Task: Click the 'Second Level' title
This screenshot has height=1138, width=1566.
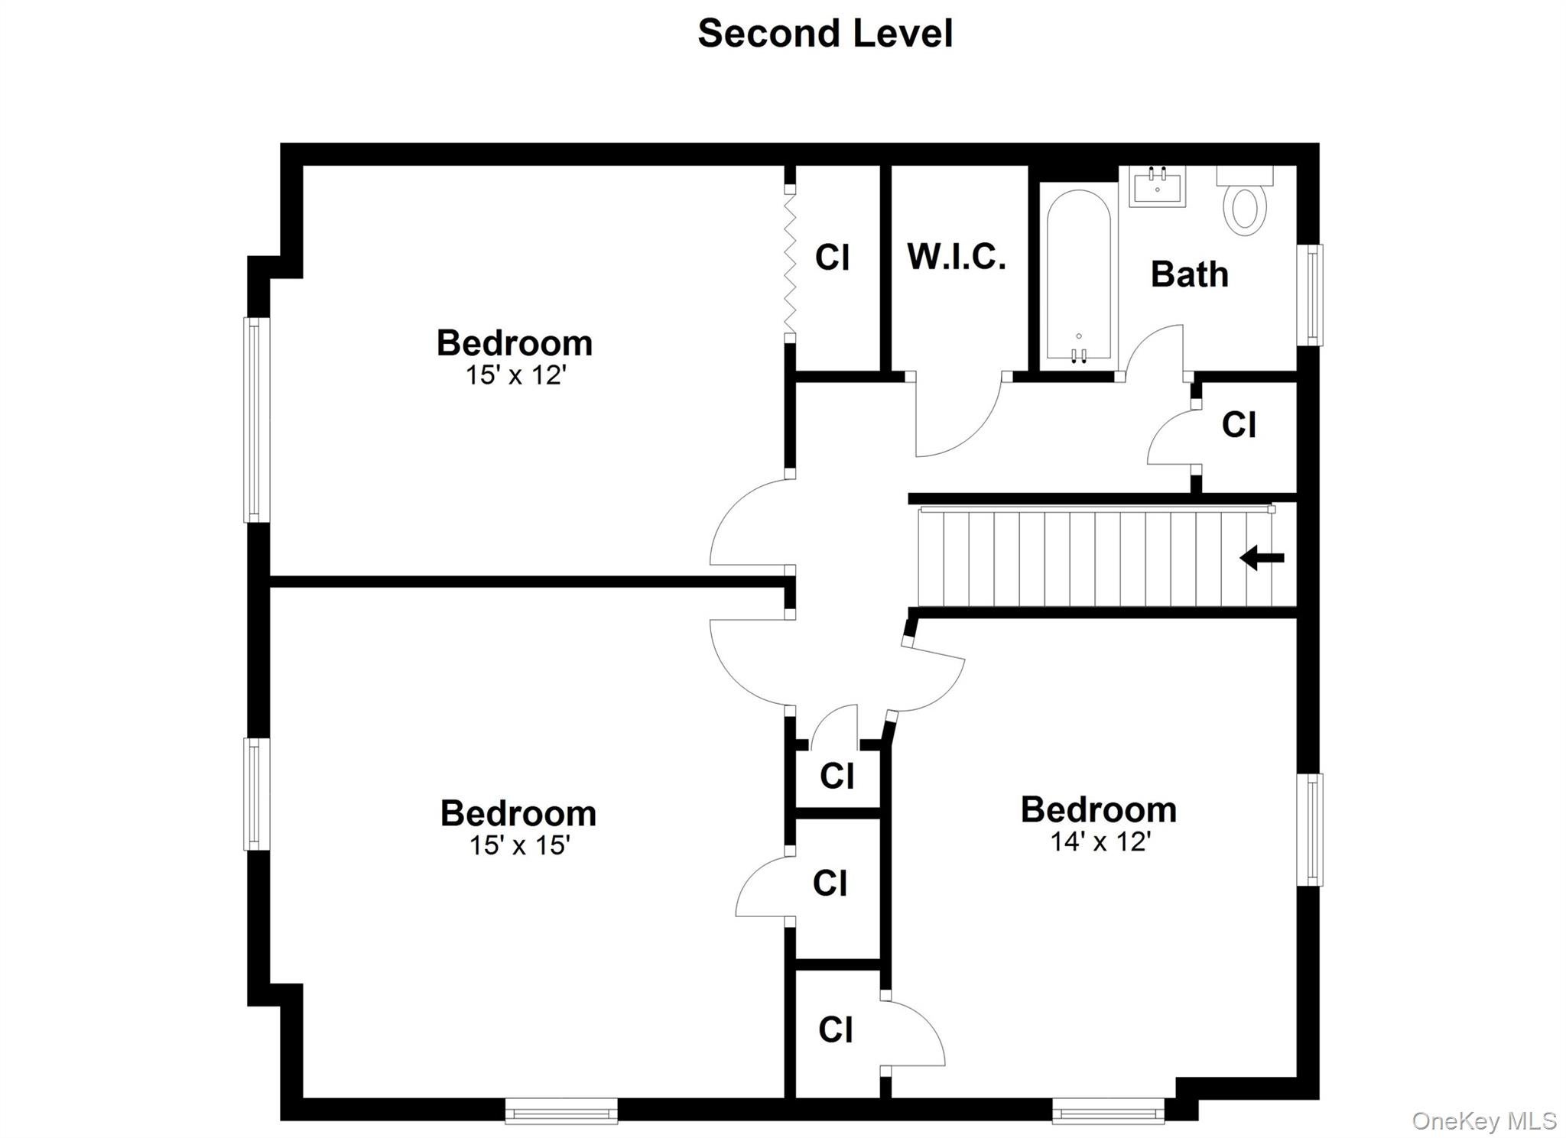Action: coord(825,34)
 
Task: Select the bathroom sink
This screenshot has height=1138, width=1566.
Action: coord(1157,186)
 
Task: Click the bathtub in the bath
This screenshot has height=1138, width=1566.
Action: coord(1078,275)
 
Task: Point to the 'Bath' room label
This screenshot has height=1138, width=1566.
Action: coord(1189,274)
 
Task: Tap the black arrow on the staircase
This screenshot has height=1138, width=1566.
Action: coord(1262,557)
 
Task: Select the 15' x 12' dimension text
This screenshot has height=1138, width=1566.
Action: coord(515,375)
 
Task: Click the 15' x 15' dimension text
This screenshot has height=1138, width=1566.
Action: coord(519,845)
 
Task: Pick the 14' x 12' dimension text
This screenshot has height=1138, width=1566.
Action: coord(1100,841)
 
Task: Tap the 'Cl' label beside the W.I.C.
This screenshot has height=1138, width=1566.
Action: coord(832,258)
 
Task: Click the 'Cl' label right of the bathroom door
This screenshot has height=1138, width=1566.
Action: coord(1239,425)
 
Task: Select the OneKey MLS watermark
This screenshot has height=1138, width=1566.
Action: coord(1484,1120)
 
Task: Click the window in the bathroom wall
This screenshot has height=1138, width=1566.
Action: coord(1311,294)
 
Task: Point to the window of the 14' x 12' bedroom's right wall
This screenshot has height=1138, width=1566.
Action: coord(1311,829)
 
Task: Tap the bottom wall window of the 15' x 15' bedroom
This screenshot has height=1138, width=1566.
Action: coord(561,1111)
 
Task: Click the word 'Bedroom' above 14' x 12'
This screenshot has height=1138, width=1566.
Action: coord(1099,810)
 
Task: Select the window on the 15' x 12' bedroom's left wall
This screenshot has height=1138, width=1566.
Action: coord(257,420)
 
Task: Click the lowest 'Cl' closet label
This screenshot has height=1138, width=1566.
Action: coord(835,1030)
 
